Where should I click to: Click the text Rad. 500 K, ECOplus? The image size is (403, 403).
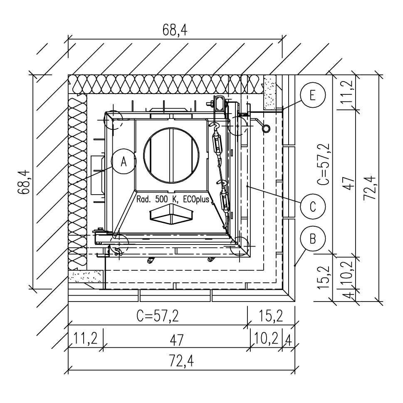pos(173,200)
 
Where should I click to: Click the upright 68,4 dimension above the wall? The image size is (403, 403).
pos(175,30)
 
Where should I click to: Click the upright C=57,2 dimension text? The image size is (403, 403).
pos(158,316)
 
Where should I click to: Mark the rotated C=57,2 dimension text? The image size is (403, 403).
pos(323,164)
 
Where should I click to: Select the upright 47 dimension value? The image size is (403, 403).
pos(177,340)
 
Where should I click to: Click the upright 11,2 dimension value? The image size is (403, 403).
pos(86,338)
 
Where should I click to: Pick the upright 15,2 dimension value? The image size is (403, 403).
pos(270,316)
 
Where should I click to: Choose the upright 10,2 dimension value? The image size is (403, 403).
pos(266,338)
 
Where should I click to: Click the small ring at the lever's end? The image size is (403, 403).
pos(266,128)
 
